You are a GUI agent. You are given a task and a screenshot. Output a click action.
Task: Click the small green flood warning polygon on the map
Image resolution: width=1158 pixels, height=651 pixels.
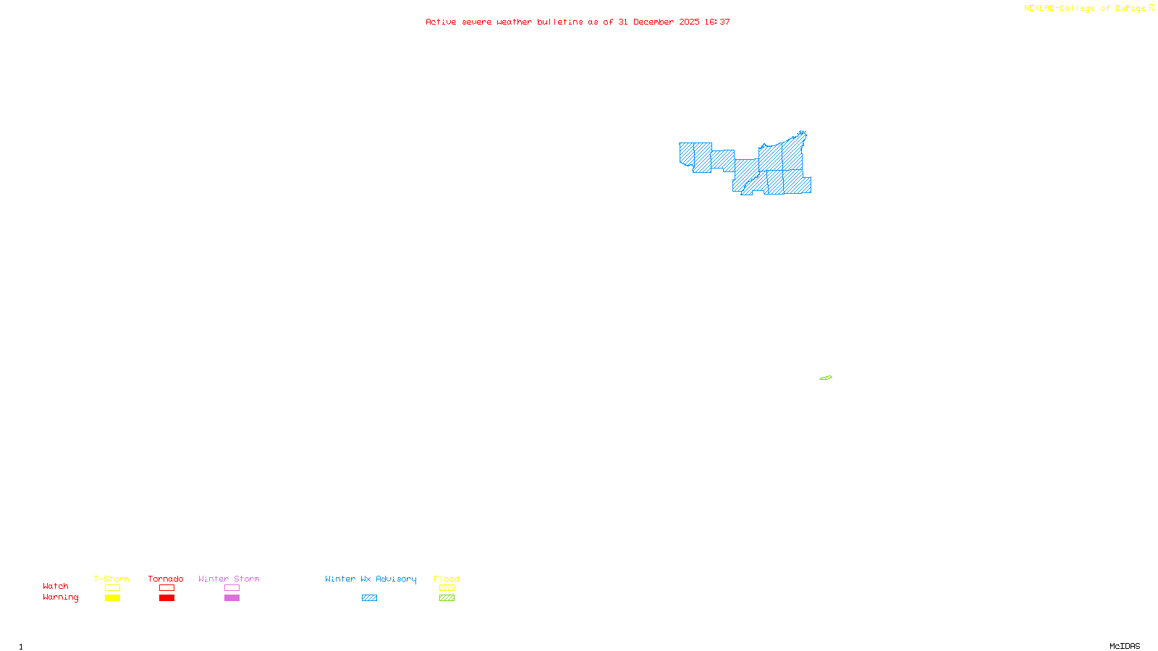click(826, 378)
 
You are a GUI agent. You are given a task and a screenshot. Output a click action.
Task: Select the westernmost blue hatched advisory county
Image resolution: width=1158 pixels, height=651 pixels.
click(686, 153)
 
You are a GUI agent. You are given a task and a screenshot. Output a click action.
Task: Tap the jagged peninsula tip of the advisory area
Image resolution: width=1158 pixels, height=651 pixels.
click(801, 135)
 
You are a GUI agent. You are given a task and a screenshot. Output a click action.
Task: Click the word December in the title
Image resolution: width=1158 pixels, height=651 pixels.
click(654, 22)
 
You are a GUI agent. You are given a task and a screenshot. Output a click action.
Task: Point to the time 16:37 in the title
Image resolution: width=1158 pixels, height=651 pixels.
click(717, 22)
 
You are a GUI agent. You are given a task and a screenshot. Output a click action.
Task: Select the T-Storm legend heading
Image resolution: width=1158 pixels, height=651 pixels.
click(111, 579)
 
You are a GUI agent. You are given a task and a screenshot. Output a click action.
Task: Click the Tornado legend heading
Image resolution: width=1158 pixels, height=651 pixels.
click(166, 579)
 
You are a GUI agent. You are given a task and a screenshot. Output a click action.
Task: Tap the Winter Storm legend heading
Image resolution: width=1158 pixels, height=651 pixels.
click(229, 579)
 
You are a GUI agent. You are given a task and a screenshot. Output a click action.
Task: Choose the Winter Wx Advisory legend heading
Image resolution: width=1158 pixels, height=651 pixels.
click(371, 579)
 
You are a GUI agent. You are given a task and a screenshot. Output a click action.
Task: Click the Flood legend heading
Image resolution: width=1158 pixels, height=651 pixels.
click(447, 579)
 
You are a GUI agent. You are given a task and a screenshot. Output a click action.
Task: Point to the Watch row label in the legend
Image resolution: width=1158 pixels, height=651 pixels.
click(56, 586)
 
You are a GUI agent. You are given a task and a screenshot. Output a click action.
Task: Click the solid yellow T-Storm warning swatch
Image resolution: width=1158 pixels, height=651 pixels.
click(112, 598)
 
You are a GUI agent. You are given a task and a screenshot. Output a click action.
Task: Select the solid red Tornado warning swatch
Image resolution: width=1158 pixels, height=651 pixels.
click(166, 598)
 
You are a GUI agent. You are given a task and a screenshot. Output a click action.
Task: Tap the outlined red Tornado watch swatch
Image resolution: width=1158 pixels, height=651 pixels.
click(166, 588)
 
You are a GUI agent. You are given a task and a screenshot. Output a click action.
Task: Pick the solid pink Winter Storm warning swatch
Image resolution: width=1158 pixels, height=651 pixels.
click(232, 598)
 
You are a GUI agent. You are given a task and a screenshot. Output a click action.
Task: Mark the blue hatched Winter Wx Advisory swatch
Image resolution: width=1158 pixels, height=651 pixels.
click(369, 598)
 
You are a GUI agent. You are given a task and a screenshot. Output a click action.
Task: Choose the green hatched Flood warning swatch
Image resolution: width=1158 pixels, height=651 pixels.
click(447, 598)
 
